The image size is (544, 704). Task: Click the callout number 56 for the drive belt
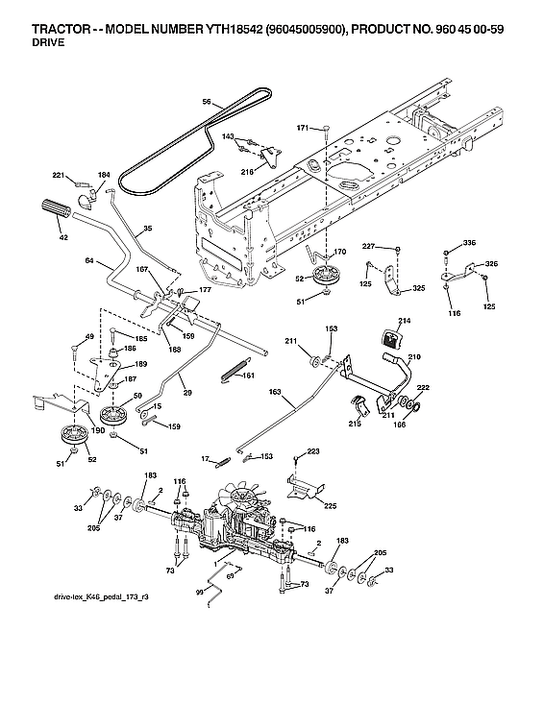coord(206,100)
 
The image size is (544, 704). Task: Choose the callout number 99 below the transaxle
coord(199,593)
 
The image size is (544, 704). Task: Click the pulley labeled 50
coord(115,416)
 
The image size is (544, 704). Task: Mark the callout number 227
coord(368,248)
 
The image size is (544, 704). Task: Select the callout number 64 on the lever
coord(88,260)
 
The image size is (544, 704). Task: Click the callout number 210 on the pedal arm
coord(414,357)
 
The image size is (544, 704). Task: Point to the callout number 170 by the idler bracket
coord(340,253)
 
